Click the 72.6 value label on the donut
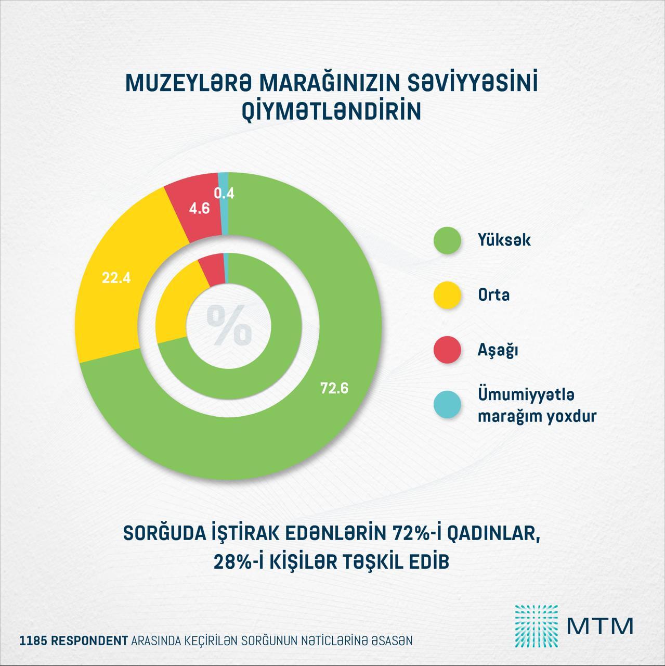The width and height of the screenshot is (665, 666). tap(334, 388)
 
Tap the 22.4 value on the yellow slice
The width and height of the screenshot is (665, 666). tap(116, 278)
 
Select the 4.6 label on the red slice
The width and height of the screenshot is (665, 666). tap(199, 209)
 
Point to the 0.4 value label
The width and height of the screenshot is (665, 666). tap(225, 194)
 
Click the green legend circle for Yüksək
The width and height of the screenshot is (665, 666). tap(447, 240)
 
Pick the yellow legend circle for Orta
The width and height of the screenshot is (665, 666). tap(447, 295)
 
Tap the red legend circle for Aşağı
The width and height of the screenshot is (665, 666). tap(447, 350)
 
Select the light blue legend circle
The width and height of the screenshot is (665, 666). tap(447, 405)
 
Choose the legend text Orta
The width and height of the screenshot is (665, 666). tap(493, 295)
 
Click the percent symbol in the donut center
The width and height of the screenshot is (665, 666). tap(229, 325)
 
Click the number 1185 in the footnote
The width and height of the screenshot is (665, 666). tap(32, 641)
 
